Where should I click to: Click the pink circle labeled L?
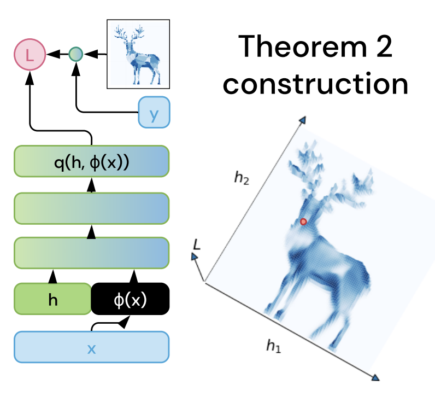tap(29, 55)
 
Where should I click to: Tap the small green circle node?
tap(76, 54)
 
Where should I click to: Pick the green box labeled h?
tap(52, 300)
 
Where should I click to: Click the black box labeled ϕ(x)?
tap(130, 300)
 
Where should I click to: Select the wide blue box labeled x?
tap(91, 347)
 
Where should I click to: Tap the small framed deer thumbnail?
tap(138, 54)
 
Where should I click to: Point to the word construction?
tap(316, 85)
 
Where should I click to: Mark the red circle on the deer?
tap(303, 222)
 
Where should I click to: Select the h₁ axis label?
tap(275, 345)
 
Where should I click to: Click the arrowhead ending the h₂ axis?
tap(302, 120)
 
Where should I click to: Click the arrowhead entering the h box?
tap(52, 277)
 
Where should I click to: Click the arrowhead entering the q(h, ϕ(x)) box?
tap(91, 186)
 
